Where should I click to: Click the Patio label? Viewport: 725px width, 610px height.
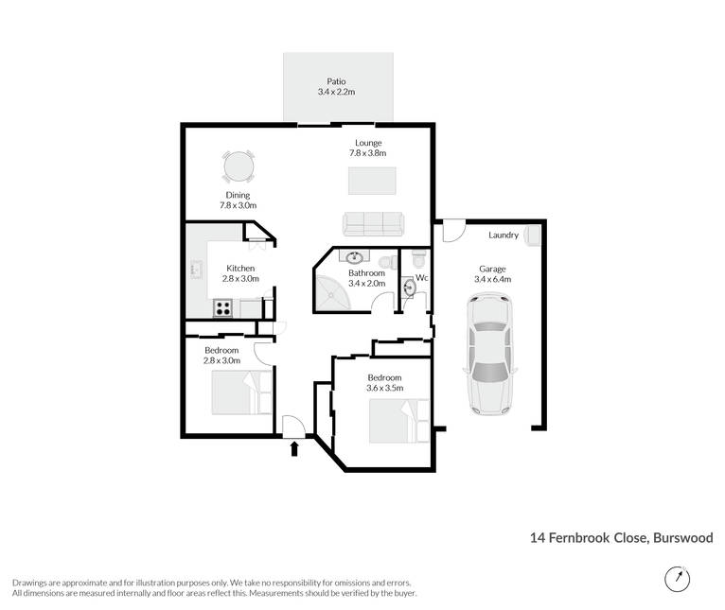(x=336, y=81)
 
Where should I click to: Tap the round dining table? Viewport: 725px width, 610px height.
(x=239, y=166)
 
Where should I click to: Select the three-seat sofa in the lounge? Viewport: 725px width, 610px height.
(x=373, y=224)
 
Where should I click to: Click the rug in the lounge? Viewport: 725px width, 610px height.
(x=372, y=181)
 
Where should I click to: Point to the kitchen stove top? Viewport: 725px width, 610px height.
(x=222, y=308)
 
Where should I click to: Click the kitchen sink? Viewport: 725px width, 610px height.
(x=197, y=269)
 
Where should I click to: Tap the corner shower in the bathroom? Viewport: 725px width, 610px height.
(x=332, y=292)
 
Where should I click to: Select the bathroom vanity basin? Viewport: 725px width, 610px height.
(x=355, y=256)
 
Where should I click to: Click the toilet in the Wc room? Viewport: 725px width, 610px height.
(x=420, y=259)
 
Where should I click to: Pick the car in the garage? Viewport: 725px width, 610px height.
(x=490, y=355)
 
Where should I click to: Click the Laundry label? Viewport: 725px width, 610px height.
(x=504, y=235)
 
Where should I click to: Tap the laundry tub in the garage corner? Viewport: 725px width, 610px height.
(x=532, y=235)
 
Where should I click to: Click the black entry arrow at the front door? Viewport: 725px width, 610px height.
(x=294, y=448)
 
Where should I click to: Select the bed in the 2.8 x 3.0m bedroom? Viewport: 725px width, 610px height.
(x=241, y=392)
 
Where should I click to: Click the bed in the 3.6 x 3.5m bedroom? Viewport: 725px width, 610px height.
(x=399, y=422)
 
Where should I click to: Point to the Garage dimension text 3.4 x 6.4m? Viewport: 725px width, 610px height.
(x=492, y=279)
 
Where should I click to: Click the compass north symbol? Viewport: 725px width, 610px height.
(x=678, y=579)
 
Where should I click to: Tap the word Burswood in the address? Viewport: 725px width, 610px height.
(x=683, y=538)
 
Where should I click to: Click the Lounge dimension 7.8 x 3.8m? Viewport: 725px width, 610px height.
(x=368, y=153)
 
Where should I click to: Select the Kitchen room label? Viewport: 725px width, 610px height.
(x=240, y=268)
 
